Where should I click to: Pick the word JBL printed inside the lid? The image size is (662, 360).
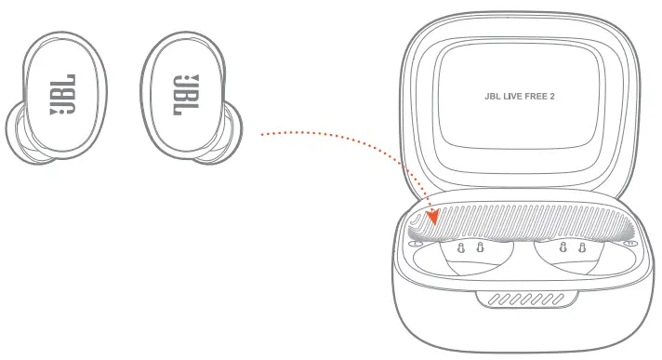[x=493, y=94]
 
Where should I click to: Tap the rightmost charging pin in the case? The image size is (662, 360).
[x=581, y=248]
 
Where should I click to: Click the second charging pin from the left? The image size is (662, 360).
[x=480, y=248]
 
